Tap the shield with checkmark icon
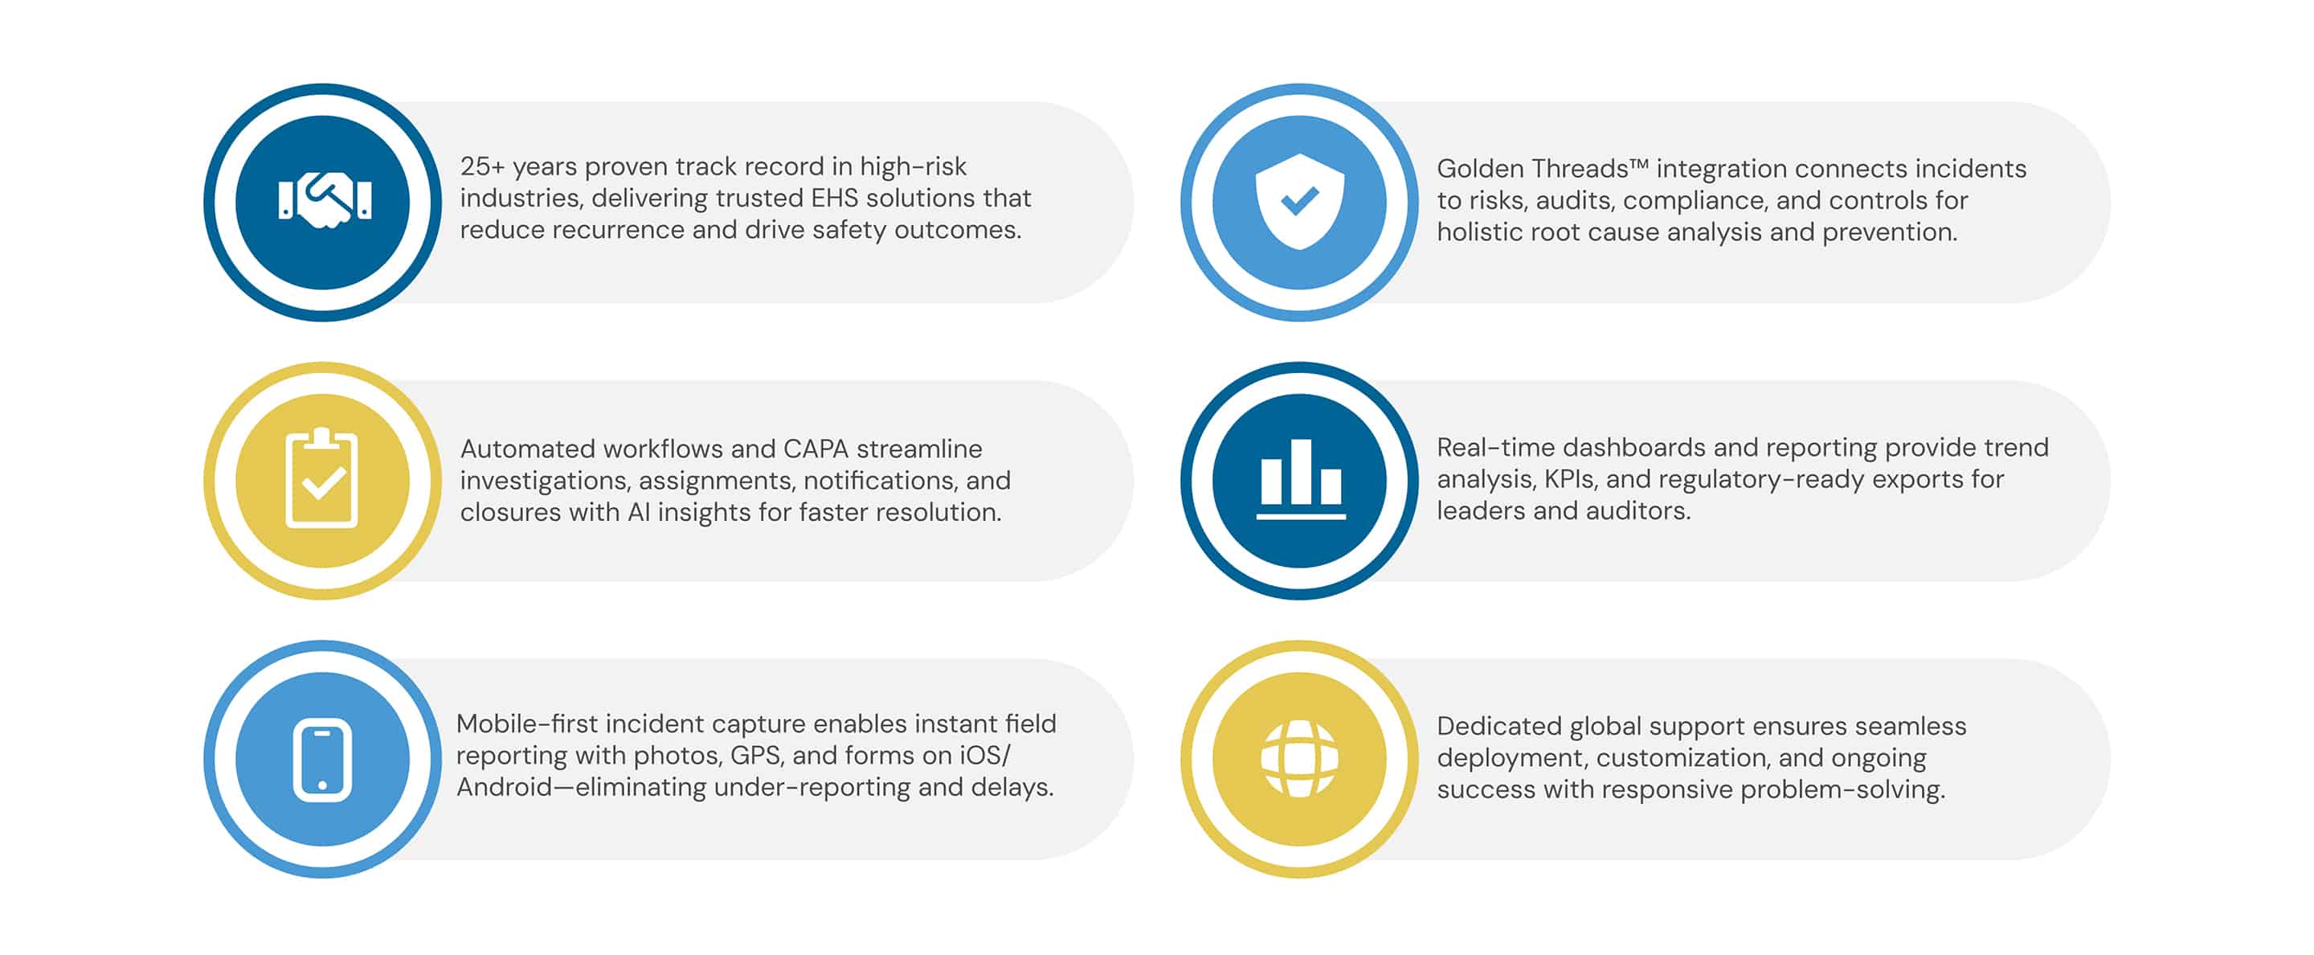click(1299, 200)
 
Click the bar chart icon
click(1300, 479)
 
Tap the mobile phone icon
click(322, 759)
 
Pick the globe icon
click(1299, 758)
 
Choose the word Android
click(504, 787)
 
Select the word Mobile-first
click(526, 724)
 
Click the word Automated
click(526, 449)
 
